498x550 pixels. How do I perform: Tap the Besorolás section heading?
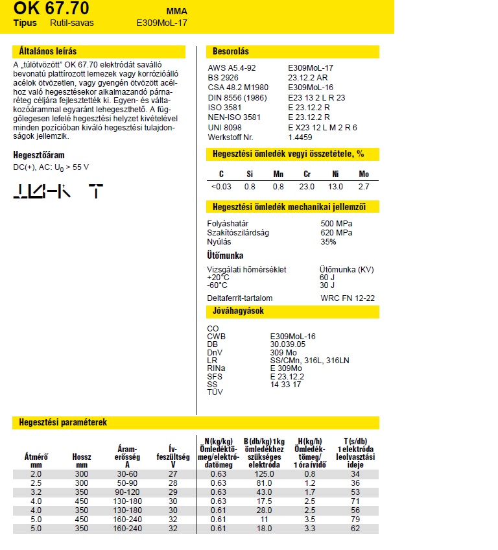(x=231, y=51)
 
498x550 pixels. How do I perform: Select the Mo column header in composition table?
(x=364, y=174)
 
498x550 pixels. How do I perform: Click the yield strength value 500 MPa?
(x=337, y=224)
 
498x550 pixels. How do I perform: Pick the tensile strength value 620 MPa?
(x=337, y=233)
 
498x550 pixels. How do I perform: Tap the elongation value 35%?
(x=328, y=242)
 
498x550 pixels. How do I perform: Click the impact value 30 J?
(x=327, y=285)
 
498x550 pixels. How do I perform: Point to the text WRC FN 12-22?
(x=348, y=298)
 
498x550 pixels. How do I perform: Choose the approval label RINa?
(x=217, y=368)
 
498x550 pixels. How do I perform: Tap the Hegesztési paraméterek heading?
(x=60, y=422)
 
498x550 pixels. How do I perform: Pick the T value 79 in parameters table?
(x=355, y=520)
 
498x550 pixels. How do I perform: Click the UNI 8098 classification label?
(x=224, y=128)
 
